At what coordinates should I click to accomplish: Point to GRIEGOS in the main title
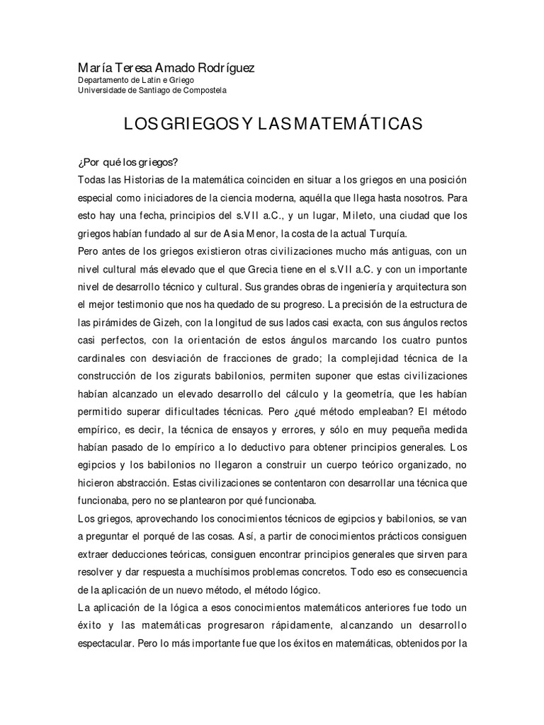pyautogui.click(x=196, y=125)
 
